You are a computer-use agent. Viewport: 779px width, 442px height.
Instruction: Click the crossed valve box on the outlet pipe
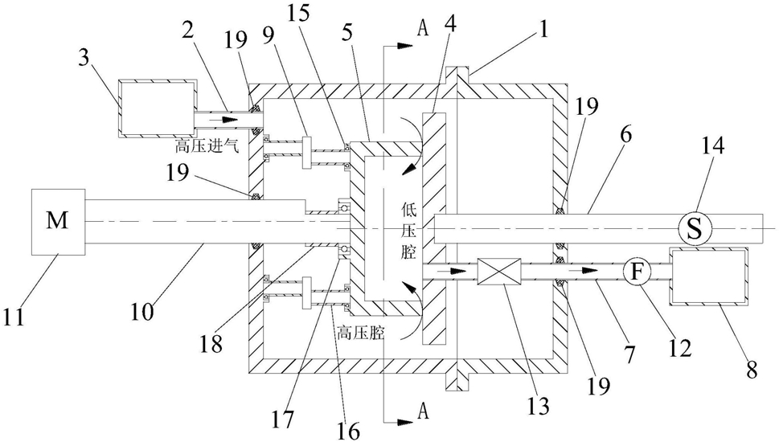point(495,272)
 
